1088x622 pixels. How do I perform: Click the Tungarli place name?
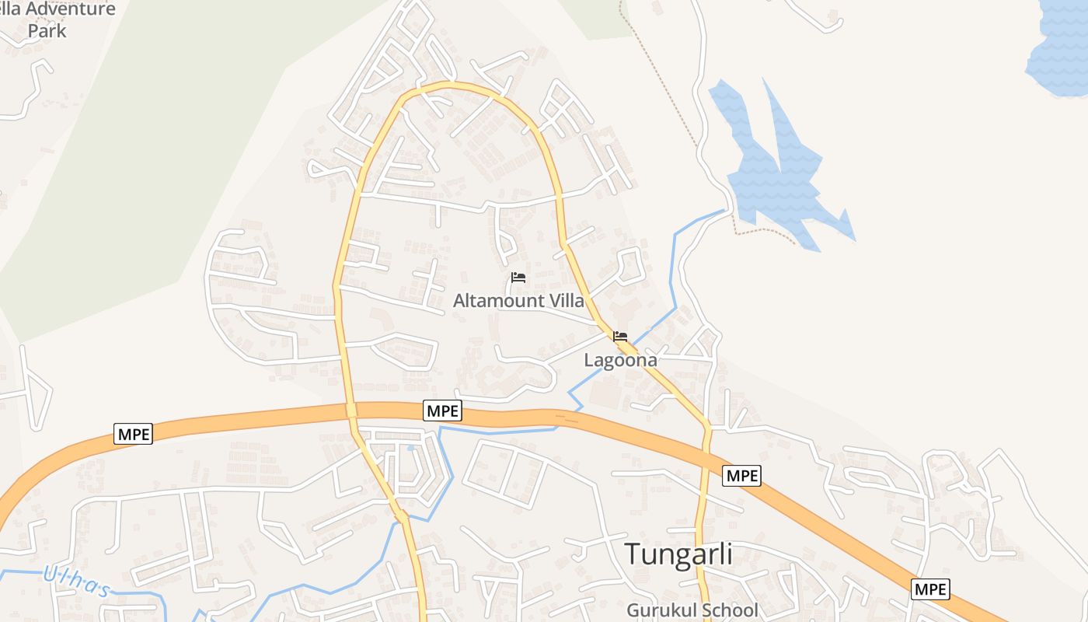point(678,554)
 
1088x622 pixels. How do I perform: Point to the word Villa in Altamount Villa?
point(567,300)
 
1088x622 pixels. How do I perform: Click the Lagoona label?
point(620,360)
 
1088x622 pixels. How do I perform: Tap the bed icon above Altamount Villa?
point(518,278)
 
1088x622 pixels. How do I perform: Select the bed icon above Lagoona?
point(620,337)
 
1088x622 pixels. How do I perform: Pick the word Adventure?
point(71,9)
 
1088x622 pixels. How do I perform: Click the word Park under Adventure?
point(47,31)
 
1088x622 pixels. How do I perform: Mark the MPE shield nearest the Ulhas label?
point(133,434)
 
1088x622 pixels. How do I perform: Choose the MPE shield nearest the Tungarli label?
point(741,475)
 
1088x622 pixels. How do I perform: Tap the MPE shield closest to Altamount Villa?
point(442,411)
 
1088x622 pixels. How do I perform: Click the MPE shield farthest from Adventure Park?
point(930,589)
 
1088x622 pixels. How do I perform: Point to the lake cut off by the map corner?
point(1062,47)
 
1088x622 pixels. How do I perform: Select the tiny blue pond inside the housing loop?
point(410,448)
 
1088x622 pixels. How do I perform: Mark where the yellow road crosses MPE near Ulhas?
point(350,410)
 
